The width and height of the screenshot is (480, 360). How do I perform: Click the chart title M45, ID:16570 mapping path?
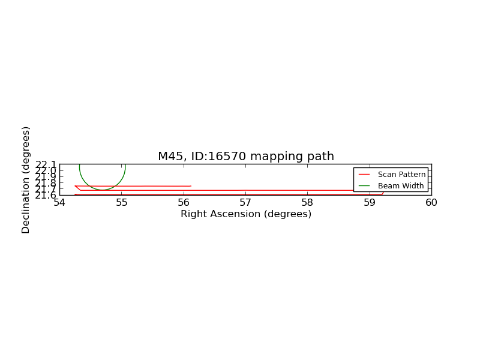coord(246,157)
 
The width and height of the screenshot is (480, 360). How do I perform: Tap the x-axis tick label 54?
coord(59,203)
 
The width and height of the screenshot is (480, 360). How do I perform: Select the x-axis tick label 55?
coord(122,203)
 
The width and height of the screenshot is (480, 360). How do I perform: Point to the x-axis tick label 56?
coord(184,203)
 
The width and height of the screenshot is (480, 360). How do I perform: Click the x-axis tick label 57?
coord(245,203)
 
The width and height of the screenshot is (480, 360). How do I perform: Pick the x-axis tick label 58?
coord(308,203)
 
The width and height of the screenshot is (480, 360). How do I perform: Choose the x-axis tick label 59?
coord(370,203)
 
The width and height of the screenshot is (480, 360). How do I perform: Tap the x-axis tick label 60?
coord(431,203)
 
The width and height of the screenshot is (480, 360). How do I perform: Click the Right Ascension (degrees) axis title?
coord(246,214)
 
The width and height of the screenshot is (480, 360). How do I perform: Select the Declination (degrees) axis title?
coord(25,180)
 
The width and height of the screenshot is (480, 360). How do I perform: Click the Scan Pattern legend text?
coord(401,175)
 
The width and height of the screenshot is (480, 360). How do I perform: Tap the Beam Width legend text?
coord(401,186)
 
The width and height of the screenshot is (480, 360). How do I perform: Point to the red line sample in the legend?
coord(364,175)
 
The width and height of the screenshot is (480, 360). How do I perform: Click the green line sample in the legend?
coord(364,186)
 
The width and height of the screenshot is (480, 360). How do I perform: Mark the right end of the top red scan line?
coord(191,186)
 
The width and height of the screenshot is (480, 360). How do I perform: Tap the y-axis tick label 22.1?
coord(46,164)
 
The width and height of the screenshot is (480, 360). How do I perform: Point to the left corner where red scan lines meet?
coord(75,186)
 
